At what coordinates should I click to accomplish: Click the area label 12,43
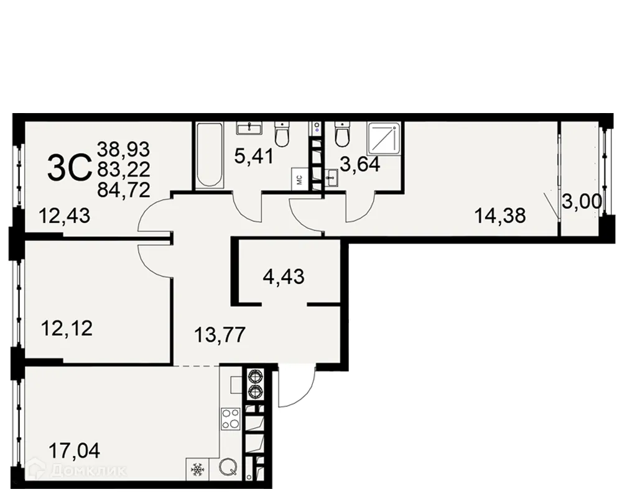point(65,217)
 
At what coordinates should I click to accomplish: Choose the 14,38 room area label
point(500,216)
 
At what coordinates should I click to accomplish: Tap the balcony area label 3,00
point(578,203)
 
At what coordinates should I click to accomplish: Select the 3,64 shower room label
point(360,166)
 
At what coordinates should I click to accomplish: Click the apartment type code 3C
point(69,168)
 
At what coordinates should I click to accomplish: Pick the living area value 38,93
point(124,148)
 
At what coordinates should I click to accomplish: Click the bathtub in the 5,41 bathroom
point(208,155)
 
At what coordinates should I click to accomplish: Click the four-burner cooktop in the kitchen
point(231,419)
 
